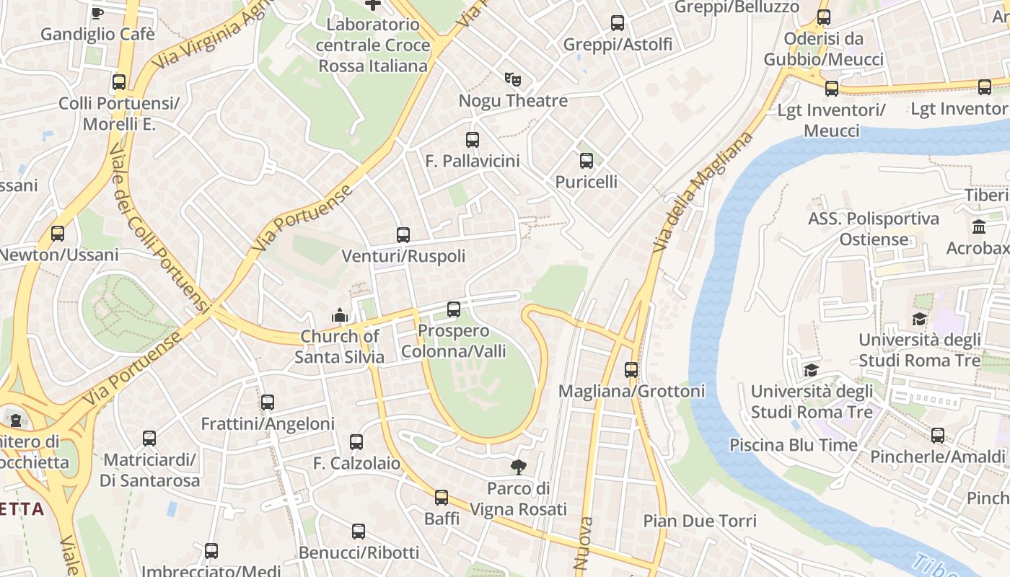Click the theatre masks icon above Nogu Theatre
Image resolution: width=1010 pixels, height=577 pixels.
(512, 79)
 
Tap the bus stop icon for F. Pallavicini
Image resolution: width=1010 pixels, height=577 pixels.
(473, 140)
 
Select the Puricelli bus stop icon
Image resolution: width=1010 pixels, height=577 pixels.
(587, 161)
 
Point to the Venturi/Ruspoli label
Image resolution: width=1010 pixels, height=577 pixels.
(403, 256)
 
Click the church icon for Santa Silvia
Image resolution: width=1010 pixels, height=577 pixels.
(339, 315)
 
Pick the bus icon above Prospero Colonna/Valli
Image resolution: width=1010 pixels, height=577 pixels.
(454, 309)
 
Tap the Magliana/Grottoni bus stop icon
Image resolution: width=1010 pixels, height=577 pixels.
(631, 370)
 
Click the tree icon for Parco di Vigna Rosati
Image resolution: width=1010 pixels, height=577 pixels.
(518, 467)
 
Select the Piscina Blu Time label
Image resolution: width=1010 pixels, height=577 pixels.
(794, 444)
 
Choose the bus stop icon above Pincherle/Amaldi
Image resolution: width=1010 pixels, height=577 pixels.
(937, 436)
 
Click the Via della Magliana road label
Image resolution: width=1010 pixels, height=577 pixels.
(703, 191)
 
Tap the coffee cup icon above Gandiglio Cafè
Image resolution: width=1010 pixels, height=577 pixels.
(97, 12)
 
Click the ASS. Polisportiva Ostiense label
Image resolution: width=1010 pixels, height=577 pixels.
(874, 229)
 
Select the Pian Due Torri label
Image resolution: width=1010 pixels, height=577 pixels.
(700, 521)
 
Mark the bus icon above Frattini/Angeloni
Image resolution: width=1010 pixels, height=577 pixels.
(268, 402)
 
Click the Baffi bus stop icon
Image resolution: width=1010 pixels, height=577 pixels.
(442, 498)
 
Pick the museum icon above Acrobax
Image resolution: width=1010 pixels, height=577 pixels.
(979, 227)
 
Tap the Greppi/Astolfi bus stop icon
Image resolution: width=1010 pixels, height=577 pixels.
(618, 23)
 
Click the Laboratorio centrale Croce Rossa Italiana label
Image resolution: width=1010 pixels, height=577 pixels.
(372, 45)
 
